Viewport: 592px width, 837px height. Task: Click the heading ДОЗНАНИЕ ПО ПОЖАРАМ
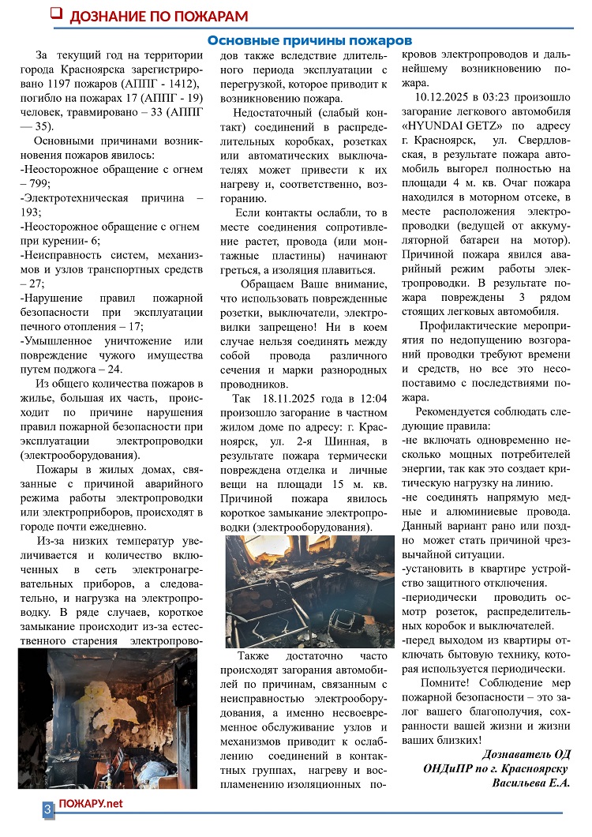(158, 16)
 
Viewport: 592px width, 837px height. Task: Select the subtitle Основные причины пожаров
(309, 40)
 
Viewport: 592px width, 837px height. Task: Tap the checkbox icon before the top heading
(56, 13)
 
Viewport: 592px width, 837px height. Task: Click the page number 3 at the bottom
(47, 809)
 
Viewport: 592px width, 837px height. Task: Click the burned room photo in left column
(107, 718)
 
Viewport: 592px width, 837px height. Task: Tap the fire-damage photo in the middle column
(309, 590)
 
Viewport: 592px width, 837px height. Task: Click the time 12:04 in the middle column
(374, 398)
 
